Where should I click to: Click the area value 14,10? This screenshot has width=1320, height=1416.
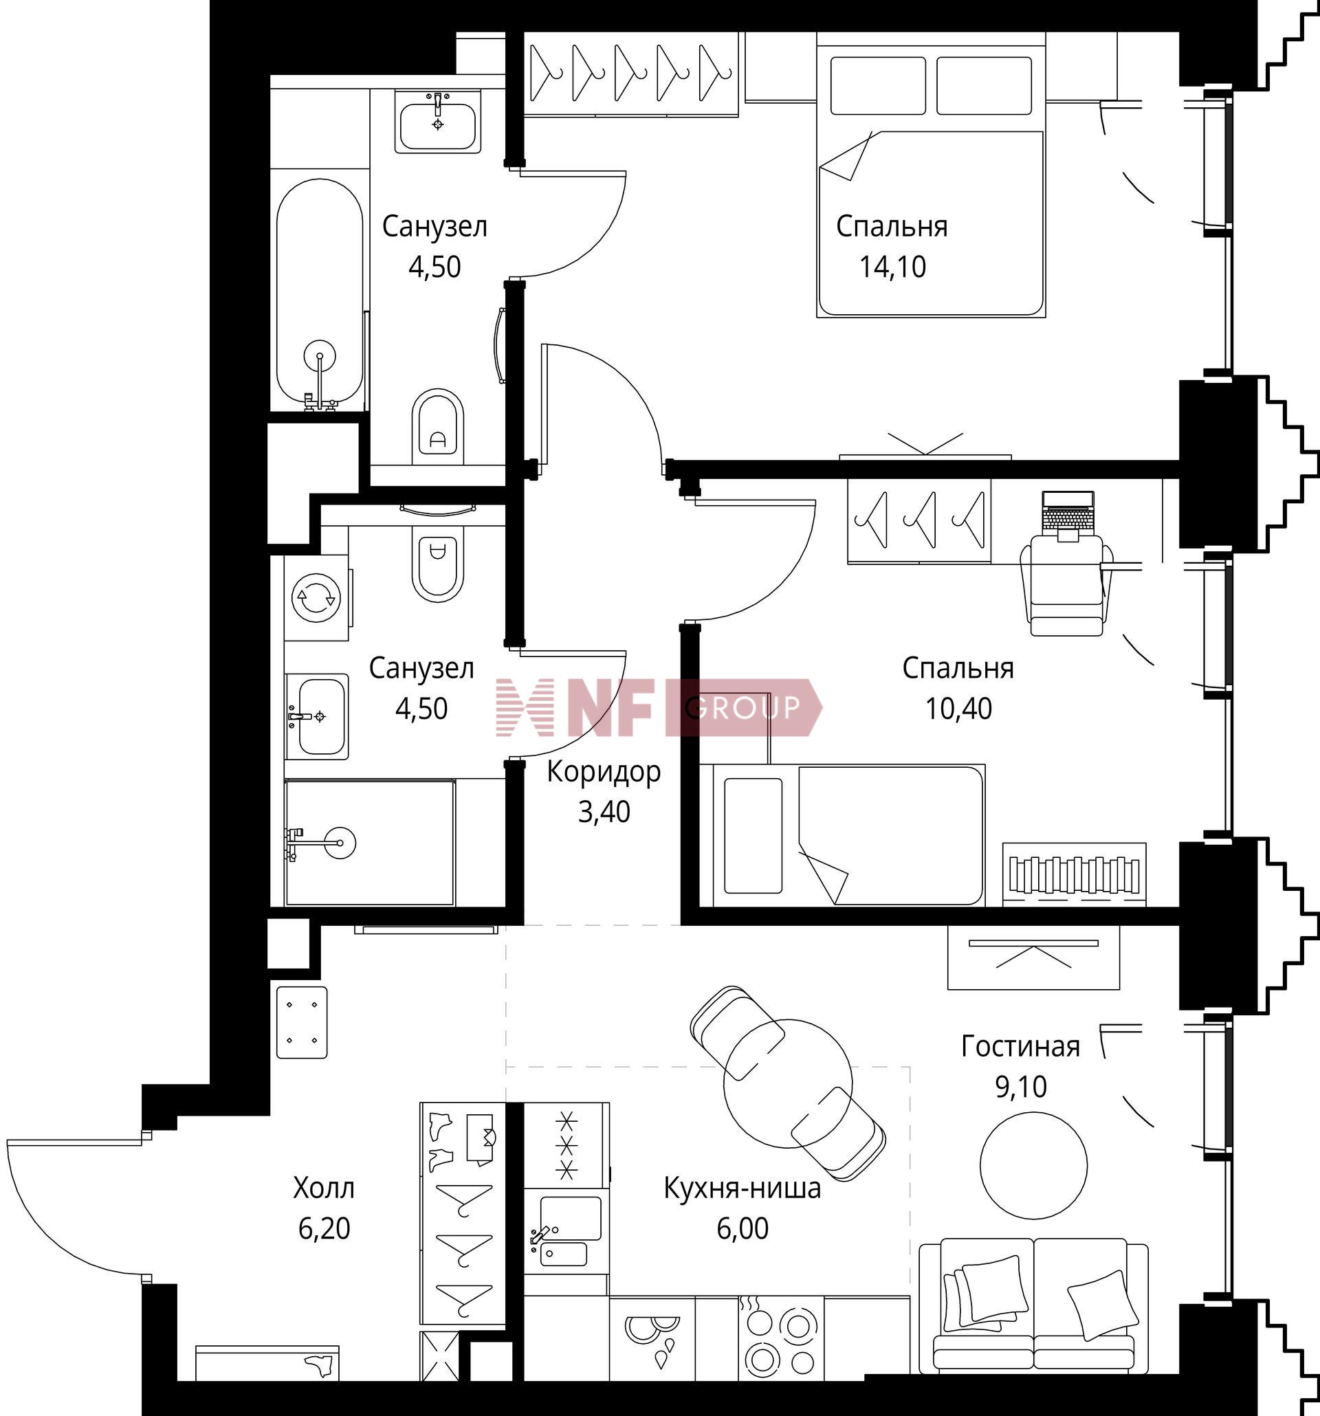click(x=892, y=267)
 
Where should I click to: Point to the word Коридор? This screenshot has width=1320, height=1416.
click(x=604, y=772)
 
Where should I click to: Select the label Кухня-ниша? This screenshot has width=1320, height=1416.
click(x=742, y=1188)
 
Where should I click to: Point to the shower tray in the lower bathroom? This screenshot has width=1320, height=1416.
click(x=370, y=843)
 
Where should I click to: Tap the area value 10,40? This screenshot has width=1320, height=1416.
click(x=959, y=709)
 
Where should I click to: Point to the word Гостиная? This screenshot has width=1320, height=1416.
click(x=1021, y=1046)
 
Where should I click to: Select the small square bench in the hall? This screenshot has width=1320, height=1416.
click(x=302, y=1022)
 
